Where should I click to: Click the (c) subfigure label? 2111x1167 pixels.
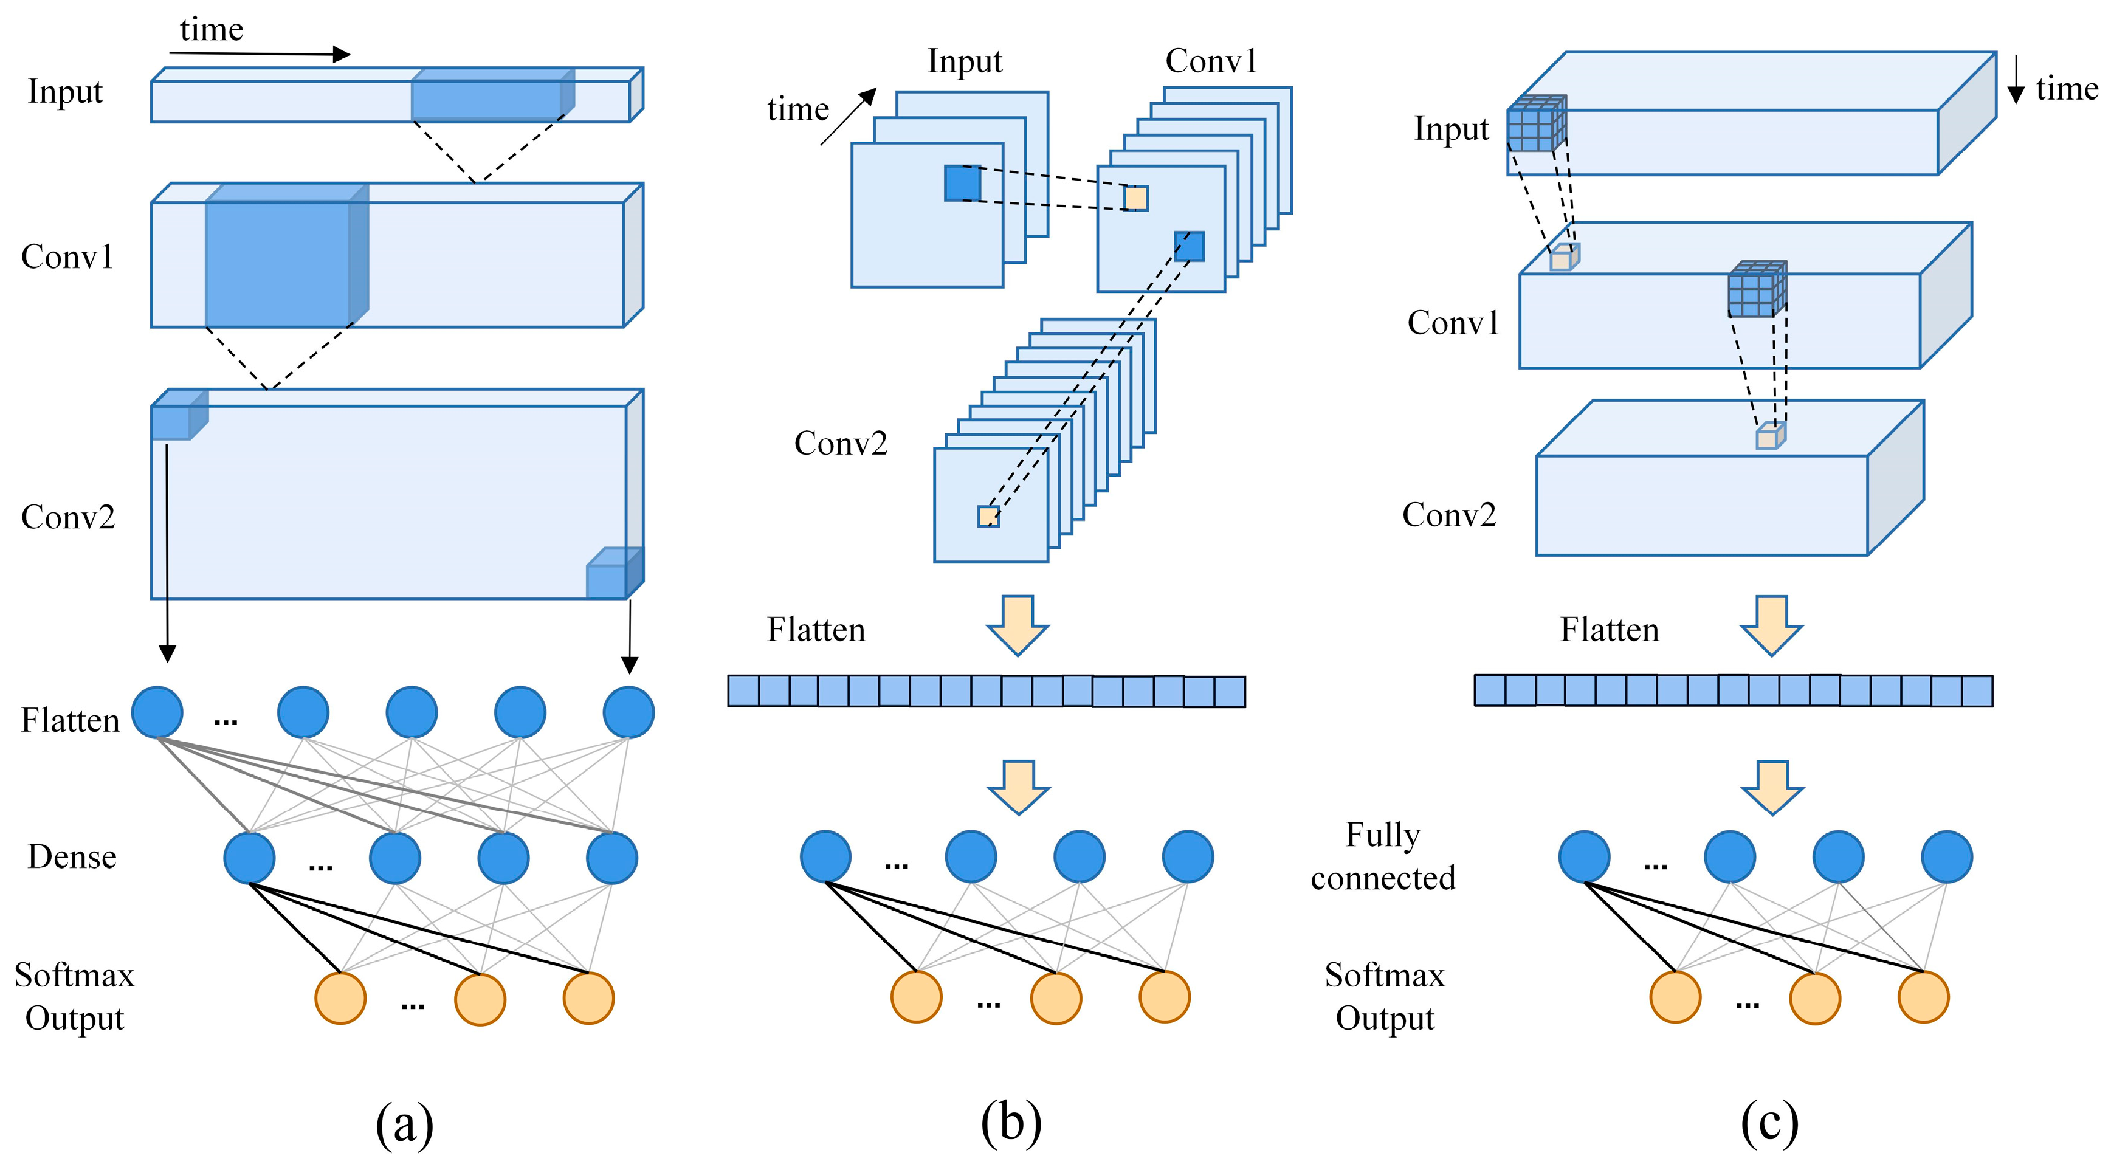coord(1769,1122)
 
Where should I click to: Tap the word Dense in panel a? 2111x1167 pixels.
coord(72,856)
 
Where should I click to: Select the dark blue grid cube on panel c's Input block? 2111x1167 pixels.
coord(1536,125)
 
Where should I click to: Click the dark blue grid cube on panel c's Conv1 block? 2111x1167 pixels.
coord(1756,289)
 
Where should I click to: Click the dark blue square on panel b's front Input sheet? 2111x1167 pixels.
coord(962,183)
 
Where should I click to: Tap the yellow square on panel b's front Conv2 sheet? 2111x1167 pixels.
coord(988,516)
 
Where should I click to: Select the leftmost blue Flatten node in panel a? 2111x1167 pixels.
coord(157,712)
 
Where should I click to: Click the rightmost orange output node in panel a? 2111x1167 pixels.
coord(588,998)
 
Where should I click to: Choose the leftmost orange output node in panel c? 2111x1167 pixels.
coord(1675,997)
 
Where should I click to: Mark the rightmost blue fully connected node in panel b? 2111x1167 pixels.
coord(1188,856)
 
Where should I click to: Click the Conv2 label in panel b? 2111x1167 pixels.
coord(841,443)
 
